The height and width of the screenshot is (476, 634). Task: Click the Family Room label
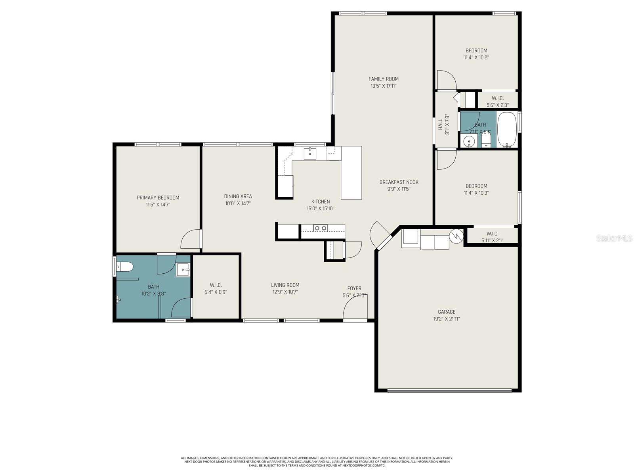tap(383, 79)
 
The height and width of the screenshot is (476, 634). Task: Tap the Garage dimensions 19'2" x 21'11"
tap(446, 319)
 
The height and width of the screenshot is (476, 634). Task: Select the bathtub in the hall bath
tap(507, 129)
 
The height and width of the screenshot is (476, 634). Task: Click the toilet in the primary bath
tap(125, 267)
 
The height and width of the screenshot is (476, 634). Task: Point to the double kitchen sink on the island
tap(320, 228)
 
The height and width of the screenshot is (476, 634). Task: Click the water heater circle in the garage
tap(456, 236)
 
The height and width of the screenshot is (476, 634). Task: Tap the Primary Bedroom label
tap(158, 198)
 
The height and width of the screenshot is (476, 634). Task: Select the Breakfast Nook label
tap(399, 182)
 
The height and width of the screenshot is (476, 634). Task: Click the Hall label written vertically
tap(440, 124)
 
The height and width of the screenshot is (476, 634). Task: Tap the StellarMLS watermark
tap(614, 238)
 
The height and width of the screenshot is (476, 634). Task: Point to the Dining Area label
tap(238, 196)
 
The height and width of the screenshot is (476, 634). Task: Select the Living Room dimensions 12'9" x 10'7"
tap(285, 292)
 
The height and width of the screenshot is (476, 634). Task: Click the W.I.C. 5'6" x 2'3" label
tap(497, 98)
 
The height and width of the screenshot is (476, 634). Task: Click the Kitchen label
tap(320, 202)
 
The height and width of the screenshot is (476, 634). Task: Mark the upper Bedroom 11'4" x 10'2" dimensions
tap(476, 58)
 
